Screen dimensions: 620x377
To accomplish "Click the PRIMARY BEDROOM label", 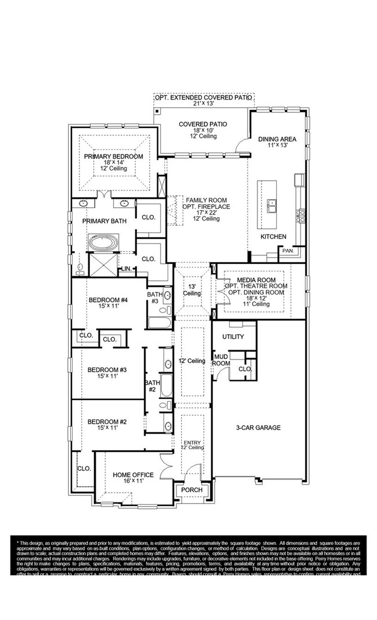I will tap(113, 156).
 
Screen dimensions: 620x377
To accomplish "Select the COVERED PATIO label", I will tap(202, 124).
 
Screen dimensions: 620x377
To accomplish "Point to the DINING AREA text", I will tap(277, 139).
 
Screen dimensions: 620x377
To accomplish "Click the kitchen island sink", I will tap(270, 204).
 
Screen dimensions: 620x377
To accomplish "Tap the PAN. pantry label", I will tap(288, 251).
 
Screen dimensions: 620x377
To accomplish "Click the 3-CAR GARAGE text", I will tap(258, 428).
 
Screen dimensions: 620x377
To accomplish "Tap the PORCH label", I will tap(191, 490).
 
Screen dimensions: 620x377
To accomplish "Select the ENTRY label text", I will tap(191, 442).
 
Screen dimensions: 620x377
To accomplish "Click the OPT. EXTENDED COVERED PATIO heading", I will tap(203, 98).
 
